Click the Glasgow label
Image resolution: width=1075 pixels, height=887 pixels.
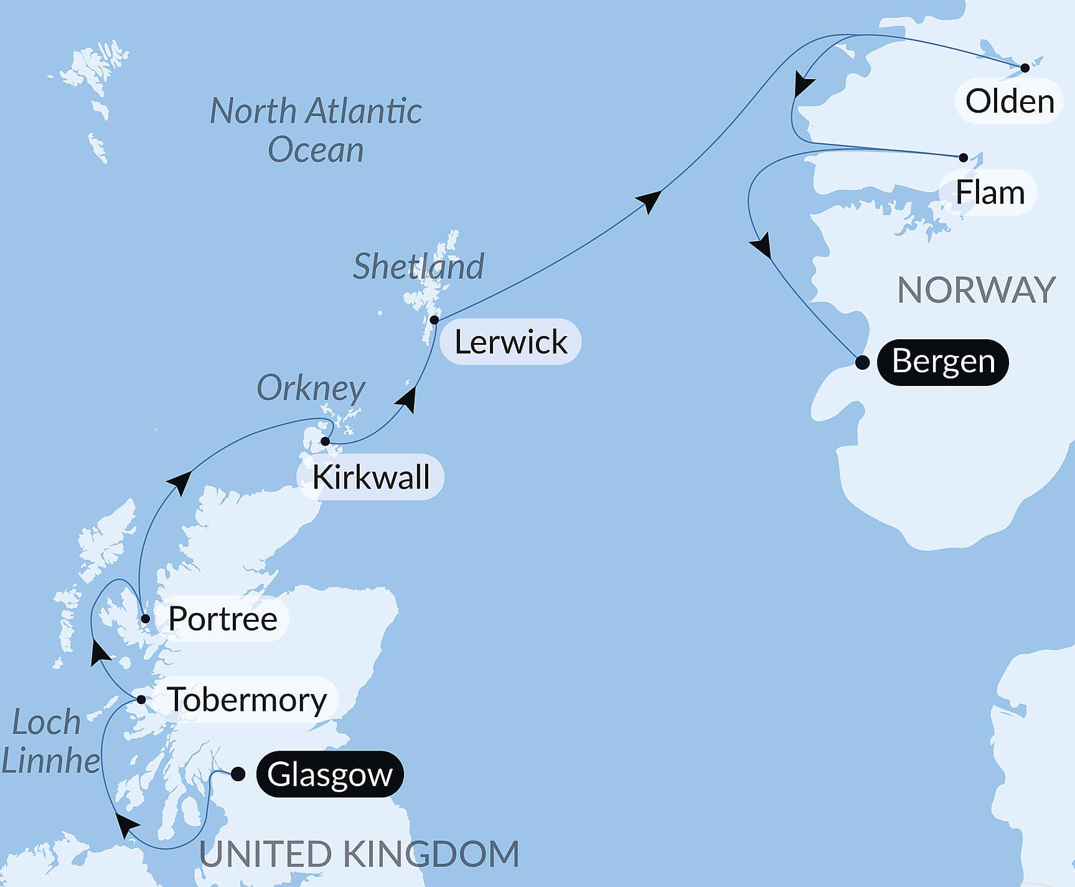click(x=330, y=774)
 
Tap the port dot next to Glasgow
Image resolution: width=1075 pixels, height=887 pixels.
click(x=238, y=774)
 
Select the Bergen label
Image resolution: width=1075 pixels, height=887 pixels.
click(x=942, y=362)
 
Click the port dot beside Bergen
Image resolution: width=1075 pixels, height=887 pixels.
click(x=862, y=362)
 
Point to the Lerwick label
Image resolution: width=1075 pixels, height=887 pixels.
click(x=510, y=342)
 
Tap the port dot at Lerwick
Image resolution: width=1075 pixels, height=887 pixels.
click(x=434, y=320)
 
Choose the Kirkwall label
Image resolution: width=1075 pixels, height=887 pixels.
click(x=370, y=477)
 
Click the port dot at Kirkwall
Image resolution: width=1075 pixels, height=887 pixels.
click(x=325, y=441)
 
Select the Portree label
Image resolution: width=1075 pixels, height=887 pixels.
click(x=222, y=618)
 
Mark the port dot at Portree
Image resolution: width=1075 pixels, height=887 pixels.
click(x=145, y=619)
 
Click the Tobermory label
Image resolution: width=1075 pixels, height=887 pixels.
click(x=246, y=699)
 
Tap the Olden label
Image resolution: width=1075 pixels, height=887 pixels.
click(x=1009, y=101)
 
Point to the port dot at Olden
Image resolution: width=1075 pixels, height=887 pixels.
click(x=1025, y=68)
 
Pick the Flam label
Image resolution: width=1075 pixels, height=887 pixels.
click(x=990, y=192)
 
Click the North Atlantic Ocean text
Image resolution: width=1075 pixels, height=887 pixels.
click(x=316, y=130)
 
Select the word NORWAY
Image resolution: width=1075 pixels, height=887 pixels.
click(x=976, y=290)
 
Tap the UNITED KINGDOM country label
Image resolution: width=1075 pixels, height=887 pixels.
click(x=359, y=853)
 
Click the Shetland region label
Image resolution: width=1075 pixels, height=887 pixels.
click(x=418, y=266)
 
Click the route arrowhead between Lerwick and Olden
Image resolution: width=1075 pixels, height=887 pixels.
click(x=649, y=200)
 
